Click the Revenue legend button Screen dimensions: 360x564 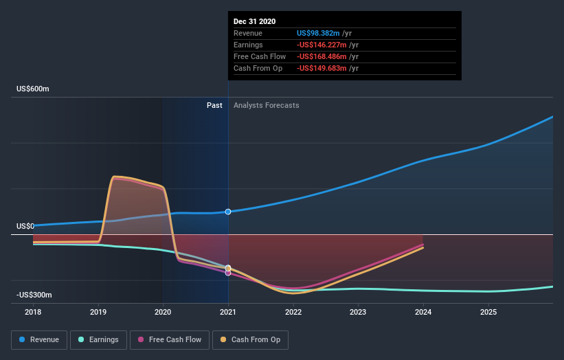point(40,339)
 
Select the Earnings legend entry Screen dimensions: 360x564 point(99,339)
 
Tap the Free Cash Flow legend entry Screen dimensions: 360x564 point(169,339)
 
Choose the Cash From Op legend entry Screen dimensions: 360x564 point(250,339)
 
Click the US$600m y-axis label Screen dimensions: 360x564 point(34,89)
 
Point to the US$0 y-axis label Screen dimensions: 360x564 point(25,226)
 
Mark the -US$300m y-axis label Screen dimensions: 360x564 point(34,295)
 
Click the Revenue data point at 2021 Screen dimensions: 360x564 point(228,212)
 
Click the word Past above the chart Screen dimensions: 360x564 point(214,105)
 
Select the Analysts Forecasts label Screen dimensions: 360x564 point(266,105)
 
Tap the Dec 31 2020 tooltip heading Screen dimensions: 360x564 point(254,21)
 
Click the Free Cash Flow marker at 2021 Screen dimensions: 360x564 point(228,273)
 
